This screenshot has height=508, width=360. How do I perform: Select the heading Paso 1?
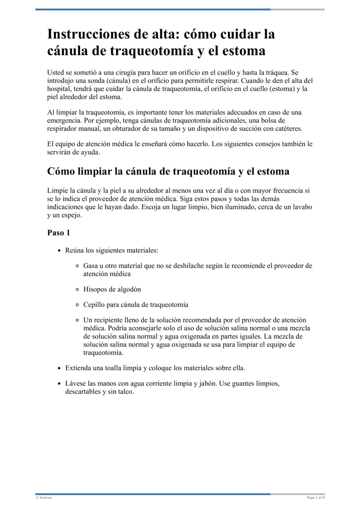(x=58, y=233)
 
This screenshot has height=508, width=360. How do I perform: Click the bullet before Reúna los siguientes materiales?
(x=59, y=250)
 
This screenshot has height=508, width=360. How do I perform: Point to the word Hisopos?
(x=95, y=290)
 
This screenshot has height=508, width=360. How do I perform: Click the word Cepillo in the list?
(x=94, y=304)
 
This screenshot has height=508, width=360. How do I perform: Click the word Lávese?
(x=76, y=384)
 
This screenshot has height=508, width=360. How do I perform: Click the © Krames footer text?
(x=44, y=498)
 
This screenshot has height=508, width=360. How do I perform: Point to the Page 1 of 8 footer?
(x=315, y=498)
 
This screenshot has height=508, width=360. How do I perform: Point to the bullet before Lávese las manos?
(x=59, y=384)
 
